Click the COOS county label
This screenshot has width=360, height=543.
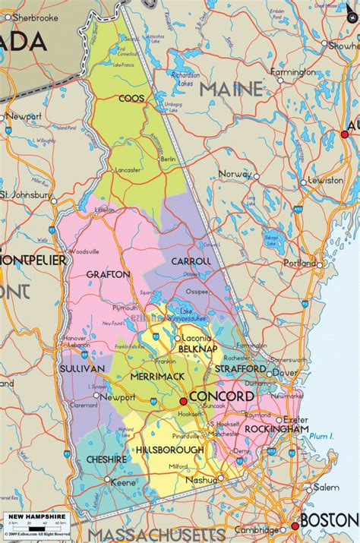point(131,98)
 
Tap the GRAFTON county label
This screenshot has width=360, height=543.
point(103,273)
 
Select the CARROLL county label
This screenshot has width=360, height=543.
point(191,260)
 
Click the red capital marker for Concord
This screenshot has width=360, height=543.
point(183,401)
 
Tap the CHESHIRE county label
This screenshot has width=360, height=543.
point(106,459)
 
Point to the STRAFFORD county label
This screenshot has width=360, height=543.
point(240,368)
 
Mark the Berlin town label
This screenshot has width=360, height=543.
point(169,159)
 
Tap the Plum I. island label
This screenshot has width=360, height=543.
point(322,436)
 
